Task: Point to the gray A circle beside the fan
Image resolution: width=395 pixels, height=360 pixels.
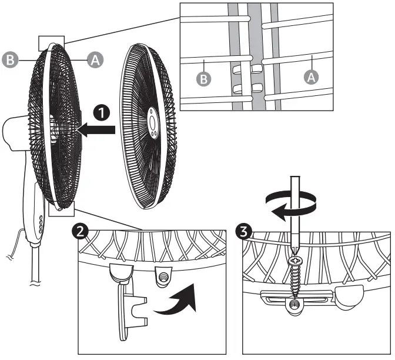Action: [x=94, y=59]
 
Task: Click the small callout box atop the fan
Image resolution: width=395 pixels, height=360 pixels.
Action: [x=50, y=42]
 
